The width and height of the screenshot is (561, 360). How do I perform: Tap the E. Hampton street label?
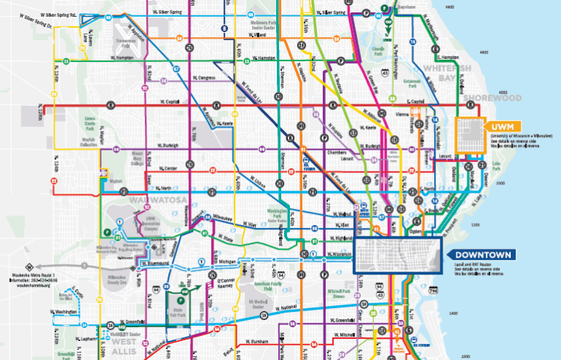click(447, 57)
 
